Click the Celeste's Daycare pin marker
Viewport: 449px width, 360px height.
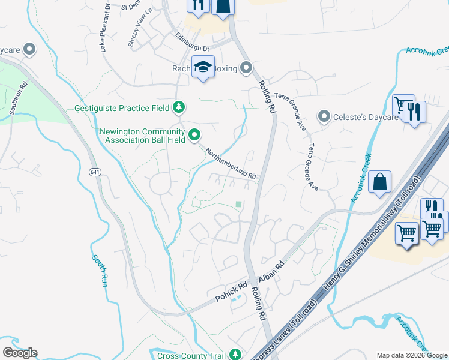[x=324, y=116]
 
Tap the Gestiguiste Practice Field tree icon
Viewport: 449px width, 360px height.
[x=178, y=108]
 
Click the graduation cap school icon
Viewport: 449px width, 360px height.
[x=203, y=67]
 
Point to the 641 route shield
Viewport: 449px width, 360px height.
[x=96, y=172]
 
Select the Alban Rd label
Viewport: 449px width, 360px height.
[x=271, y=272]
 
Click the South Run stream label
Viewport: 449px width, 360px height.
[x=100, y=271]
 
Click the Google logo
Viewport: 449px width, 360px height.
[x=20, y=353]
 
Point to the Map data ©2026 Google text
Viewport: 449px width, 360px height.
[x=411, y=355]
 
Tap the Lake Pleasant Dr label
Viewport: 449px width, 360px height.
[x=105, y=27]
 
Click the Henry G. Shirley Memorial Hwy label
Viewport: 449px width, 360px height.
[x=361, y=251]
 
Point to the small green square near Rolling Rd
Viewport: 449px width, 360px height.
[x=238, y=204]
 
